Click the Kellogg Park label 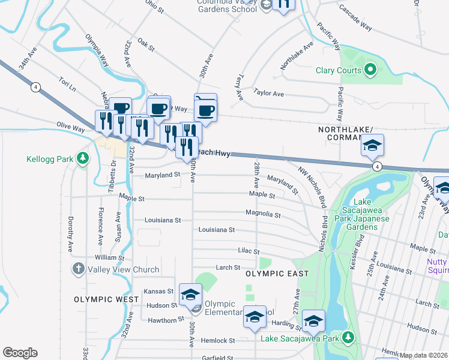click(x=49, y=160)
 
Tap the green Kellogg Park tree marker click(x=83, y=160)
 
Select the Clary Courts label click(x=339, y=70)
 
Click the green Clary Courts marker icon click(x=370, y=70)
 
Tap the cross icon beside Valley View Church click(x=78, y=269)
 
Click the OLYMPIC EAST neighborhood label click(x=277, y=274)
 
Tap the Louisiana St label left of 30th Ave click(x=161, y=220)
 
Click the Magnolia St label click(x=263, y=214)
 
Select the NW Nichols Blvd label click(x=312, y=181)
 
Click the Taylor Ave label click(x=268, y=93)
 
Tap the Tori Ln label click(x=67, y=83)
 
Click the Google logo click(x=20, y=353)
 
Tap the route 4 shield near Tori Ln click(x=36, y=87)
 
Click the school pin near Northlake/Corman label click(x=372, y=145)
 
